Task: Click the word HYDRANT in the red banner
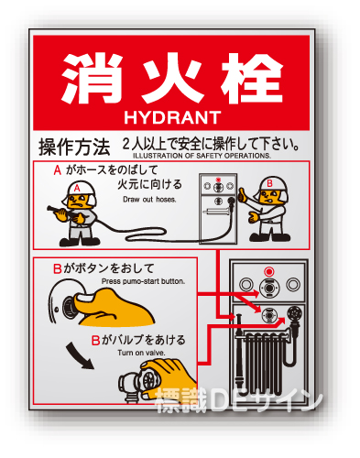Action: pos(172,117)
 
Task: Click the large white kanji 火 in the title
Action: pos(172,78)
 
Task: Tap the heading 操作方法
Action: pos(74,147)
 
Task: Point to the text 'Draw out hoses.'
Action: pos(149,200)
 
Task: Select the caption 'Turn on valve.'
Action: pos(141,353)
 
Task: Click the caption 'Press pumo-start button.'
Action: pos(143,281)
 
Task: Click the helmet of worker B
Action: pos(273,185)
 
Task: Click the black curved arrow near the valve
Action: pos(79,355)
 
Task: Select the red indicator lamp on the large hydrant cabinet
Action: pos(269,271)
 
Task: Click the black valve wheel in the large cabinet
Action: pos(294,313)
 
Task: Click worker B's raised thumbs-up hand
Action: pos(244,195)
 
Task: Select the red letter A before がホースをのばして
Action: pos(58,170)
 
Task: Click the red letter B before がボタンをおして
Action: pos(58,268)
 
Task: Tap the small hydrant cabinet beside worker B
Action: pos(218,209)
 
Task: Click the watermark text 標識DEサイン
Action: pos(239,399)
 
